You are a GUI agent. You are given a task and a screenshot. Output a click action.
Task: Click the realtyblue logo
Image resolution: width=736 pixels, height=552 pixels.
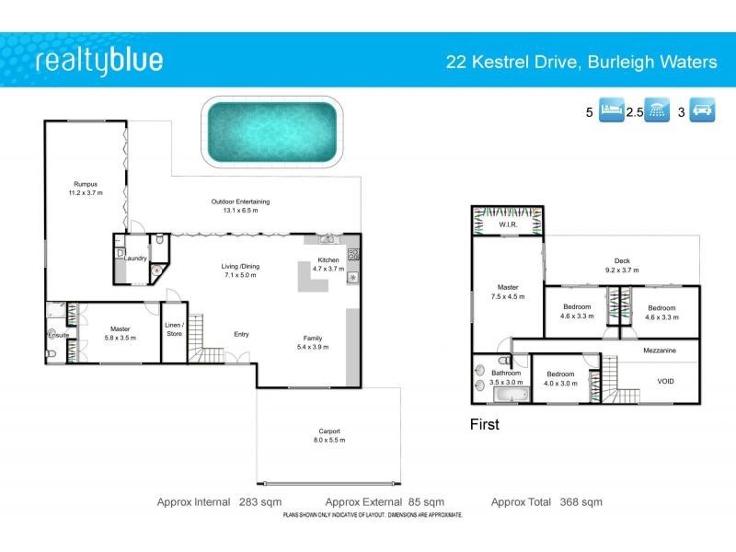99,62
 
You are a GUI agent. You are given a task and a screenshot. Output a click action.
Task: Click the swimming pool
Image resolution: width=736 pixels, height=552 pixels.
270,133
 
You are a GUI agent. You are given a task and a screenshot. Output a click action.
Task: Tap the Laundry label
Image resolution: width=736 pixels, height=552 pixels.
136,259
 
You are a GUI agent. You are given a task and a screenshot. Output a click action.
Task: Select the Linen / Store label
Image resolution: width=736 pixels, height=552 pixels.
174,329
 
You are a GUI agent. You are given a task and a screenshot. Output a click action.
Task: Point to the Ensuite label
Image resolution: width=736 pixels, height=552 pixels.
59,335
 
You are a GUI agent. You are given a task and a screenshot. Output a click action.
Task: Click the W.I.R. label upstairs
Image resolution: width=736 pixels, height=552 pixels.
508,224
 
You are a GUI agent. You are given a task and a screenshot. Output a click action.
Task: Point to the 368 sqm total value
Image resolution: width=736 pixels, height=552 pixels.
581,501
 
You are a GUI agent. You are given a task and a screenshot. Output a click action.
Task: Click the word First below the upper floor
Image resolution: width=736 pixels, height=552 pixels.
484,424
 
